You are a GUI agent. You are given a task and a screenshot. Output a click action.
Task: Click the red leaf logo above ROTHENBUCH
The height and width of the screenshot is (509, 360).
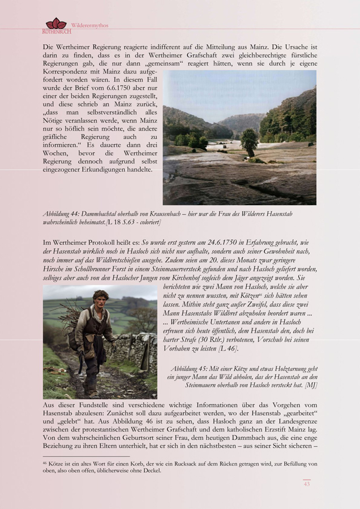tap(55, 23)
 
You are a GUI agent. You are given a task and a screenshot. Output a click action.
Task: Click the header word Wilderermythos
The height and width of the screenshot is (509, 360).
tap(89, 25)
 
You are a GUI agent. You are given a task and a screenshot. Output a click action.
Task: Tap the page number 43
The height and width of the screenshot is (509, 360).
tap(307, 484)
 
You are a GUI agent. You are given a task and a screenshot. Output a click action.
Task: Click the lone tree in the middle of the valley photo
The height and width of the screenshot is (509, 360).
tap(248, 141)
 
